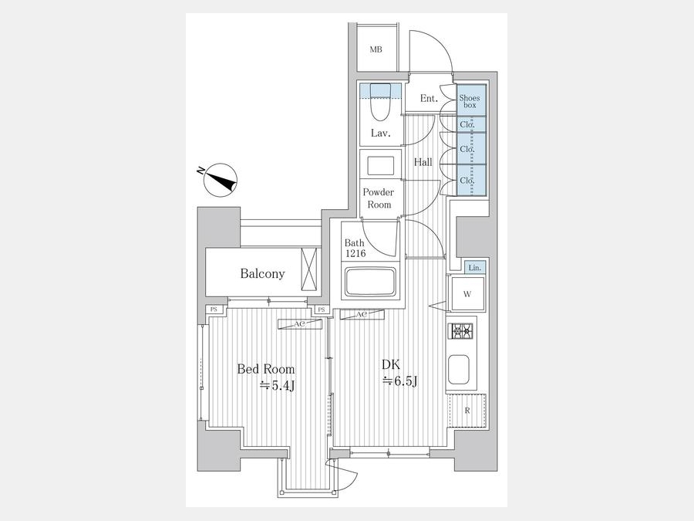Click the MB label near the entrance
[376, 49]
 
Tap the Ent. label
[429, 98]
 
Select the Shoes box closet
[471, 100]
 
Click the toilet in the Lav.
[380, 103]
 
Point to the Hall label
[423, 162]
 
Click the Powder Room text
[379, 198]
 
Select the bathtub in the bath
[370, 281]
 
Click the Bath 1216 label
[355, 248]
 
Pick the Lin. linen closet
[475, 268]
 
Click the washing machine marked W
[467, 294]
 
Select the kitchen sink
[459, 370]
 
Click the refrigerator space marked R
[467, 411]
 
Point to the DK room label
[399, 373]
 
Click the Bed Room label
[266, 377]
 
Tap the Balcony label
[262, 274]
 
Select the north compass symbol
[220, 180]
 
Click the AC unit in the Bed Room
[300, 324]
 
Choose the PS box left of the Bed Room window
[214, 310]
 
